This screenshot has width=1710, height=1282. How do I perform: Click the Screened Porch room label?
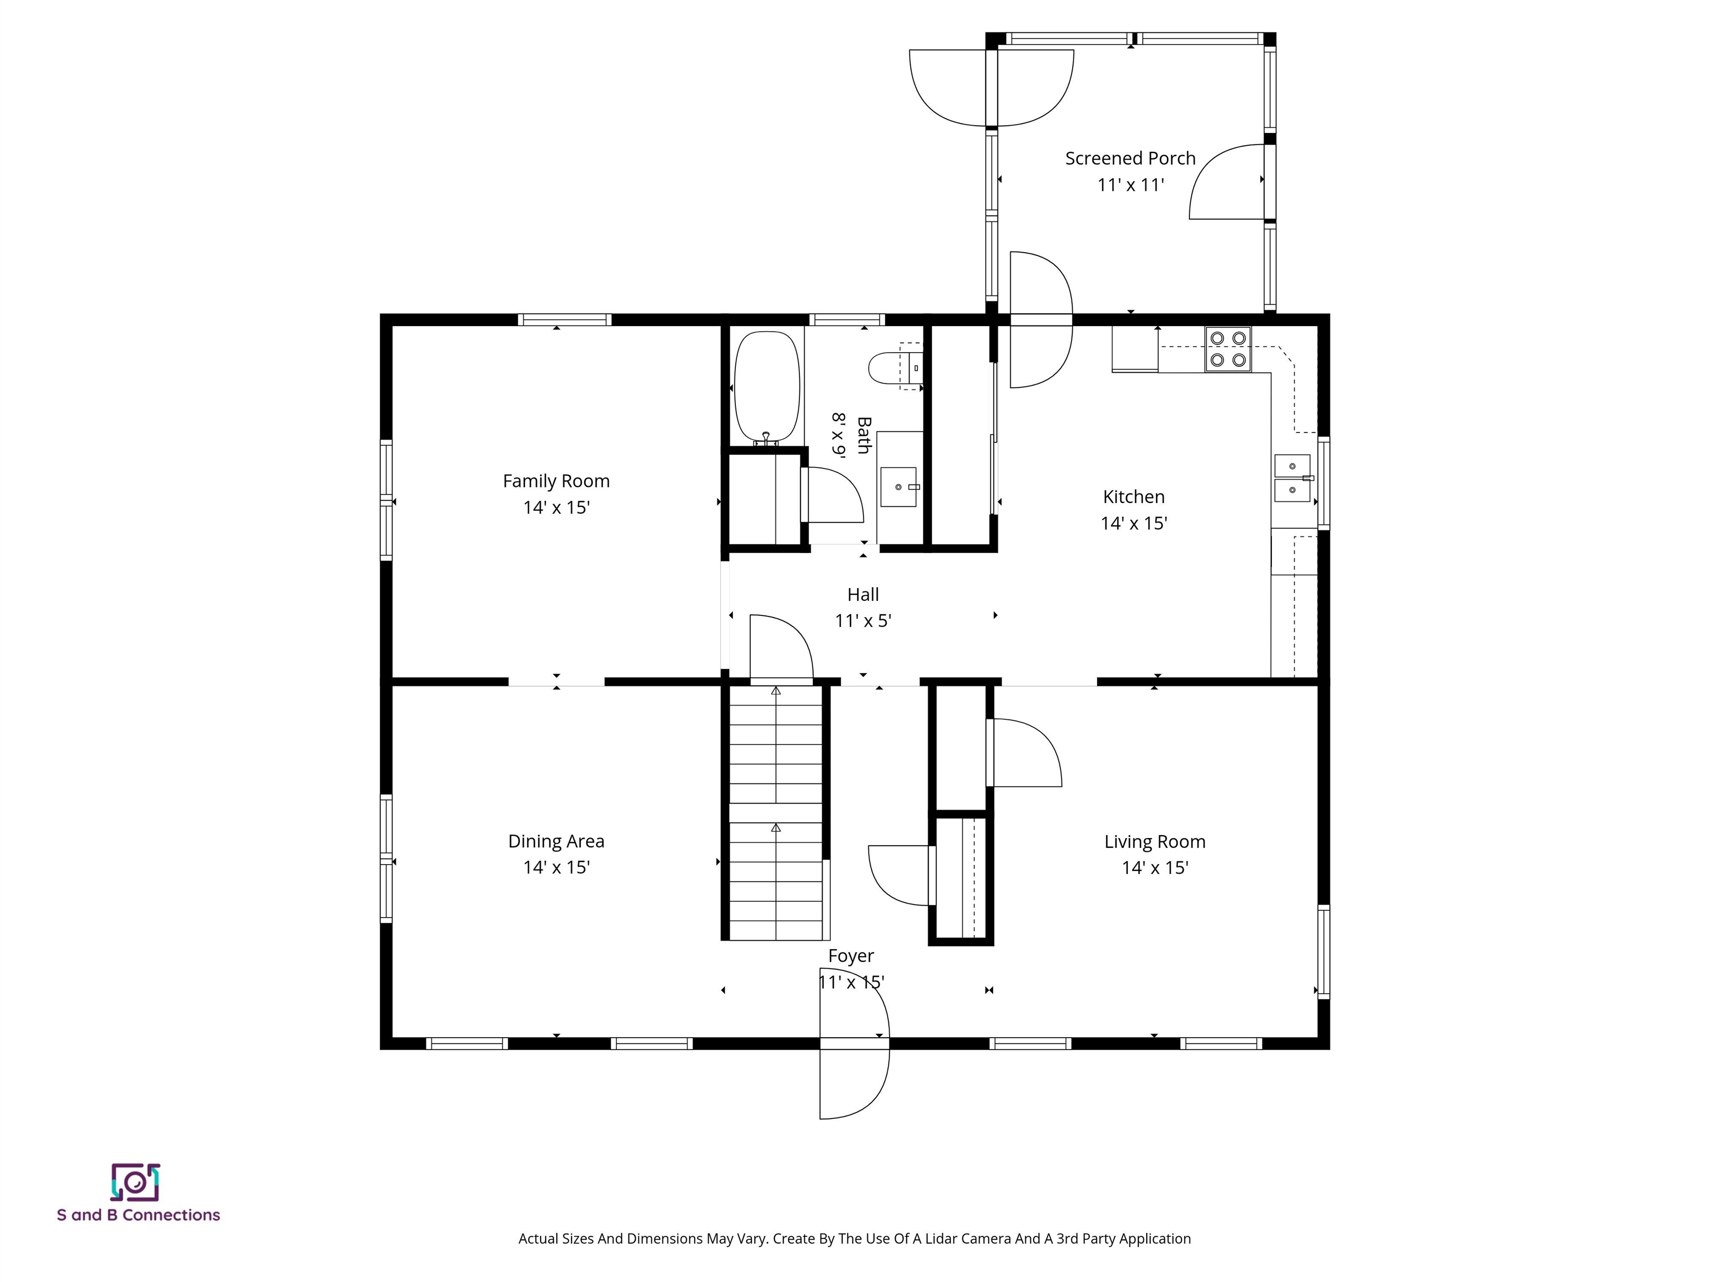[x=1129, y=159]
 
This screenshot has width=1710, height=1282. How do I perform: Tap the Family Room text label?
[x=556, y=481]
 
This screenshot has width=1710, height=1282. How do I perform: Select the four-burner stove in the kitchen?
[x=1227, y=348]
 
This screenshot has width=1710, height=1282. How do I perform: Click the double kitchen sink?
[x=1292, y=479]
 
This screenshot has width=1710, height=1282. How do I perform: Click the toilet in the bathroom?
[x=893, y=368]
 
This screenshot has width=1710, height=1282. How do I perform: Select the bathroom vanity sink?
[x=898, y=487]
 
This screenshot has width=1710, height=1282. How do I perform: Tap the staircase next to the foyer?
[x=775, y=811]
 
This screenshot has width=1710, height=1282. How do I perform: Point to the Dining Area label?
[x=556, y=841]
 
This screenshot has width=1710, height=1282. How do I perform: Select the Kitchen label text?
[x=1133, y=497]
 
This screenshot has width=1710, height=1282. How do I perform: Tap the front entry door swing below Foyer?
[x=854, y=1082]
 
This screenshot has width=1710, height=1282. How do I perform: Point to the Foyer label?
[x=851, y=956]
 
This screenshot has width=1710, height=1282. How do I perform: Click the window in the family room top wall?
[x=564, y=319]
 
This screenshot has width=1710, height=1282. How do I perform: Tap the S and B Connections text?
[x=139, y=1215]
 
